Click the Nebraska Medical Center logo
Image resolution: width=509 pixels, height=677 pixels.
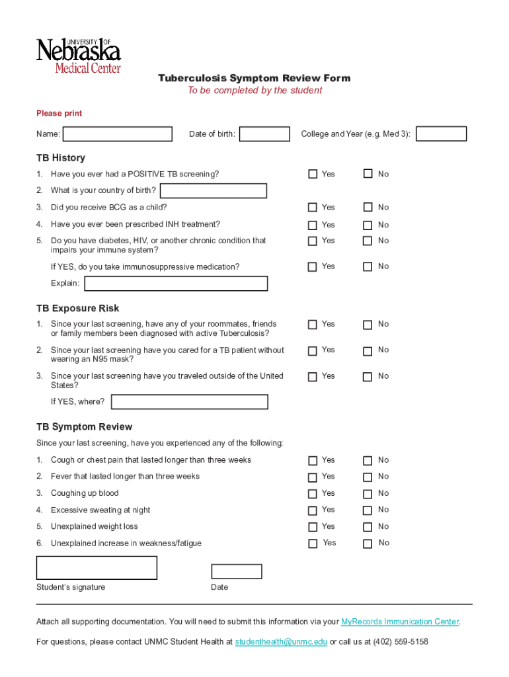tap(78, 56)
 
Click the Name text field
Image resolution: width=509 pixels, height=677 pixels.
tap(117, 134)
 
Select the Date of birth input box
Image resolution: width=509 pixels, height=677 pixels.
tap(264, 134)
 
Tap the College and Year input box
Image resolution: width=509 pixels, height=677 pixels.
tap(441, 134)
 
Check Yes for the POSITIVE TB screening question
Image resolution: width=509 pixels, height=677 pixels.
tap(313, 174)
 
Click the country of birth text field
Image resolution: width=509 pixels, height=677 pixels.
tap(214, 191)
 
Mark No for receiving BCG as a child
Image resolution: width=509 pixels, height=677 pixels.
tap(368, 208)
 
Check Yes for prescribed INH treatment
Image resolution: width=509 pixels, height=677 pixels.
tap(313, 225)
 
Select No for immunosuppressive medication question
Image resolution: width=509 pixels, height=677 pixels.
tap(368, 266)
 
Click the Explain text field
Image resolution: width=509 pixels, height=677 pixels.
tap(176, 284)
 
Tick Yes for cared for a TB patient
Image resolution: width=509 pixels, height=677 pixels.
tap(313, 350)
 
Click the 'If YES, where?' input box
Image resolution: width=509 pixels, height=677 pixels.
tap(190, 402)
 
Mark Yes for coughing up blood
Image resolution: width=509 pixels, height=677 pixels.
tap(313, 494)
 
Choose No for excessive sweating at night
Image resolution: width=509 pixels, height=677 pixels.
tap(368, 510)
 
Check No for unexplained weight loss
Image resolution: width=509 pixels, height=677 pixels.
tap(368, 527)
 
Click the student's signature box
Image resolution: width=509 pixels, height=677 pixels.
tap(97, 568)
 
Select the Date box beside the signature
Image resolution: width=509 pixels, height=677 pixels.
tap(236, 572)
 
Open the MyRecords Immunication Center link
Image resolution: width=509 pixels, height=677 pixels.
tap(400, 622)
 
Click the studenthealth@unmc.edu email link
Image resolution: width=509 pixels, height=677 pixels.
tap(281, 642)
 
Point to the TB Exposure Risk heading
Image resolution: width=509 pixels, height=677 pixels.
tap(78, 309)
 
